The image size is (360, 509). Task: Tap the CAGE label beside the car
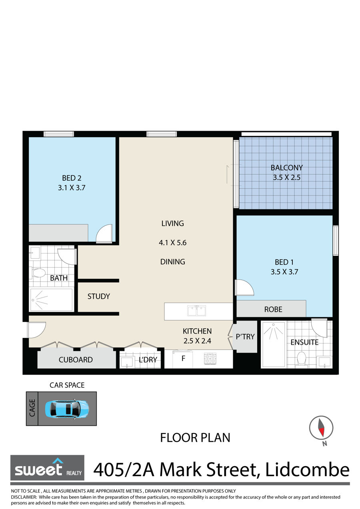tap(32, 408)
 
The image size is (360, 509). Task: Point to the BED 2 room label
tap(72, 178)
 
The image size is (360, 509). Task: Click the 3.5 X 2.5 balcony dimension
tap(286, 178)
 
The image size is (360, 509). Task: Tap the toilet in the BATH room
tap(38, 273)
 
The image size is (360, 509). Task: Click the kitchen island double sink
tap(196, 311)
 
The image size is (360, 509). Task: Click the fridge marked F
tap(183, 359)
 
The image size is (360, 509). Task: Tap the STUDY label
tap(99, 296)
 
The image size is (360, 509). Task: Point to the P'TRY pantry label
tap(245, 337)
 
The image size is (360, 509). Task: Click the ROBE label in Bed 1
tap(273, 309)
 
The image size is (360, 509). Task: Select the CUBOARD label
tap(76, 360)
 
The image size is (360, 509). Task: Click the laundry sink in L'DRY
tap(127, 362)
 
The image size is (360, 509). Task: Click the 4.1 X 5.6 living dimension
tap(172, 243)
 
